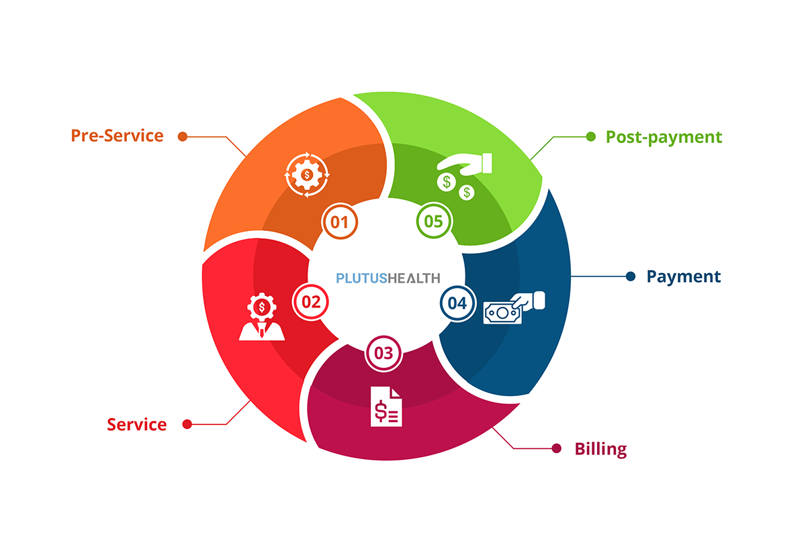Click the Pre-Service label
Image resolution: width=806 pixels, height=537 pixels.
[x=117, y=136]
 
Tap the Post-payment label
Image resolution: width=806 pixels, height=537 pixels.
[x=664, y=137]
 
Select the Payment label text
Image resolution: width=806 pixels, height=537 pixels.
[x=683, y=277]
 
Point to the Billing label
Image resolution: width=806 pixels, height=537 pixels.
[x=600, y=449]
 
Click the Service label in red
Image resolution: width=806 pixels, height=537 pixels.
[x=137, y=424]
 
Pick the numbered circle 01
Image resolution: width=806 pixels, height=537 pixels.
[x=340, y=221]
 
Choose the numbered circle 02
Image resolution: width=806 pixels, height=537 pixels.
[x=311, y=301]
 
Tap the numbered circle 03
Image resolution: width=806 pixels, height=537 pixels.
[x=384, y=353]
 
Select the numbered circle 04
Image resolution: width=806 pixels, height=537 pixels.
[x=457, y=303]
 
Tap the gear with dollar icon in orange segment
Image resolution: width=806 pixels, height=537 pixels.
[x=308, y=175]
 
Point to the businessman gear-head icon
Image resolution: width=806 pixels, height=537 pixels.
[x=261, y=318]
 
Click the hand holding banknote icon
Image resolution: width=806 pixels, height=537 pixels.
[x=514, y=307]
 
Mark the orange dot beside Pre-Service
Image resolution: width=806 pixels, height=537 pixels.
[x=182, y=136]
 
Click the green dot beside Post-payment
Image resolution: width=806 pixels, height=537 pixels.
[x=591, y=136]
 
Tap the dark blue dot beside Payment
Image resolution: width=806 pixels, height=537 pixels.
[x=630, y=277]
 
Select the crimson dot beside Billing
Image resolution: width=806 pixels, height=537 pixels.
[x=556, y=448]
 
